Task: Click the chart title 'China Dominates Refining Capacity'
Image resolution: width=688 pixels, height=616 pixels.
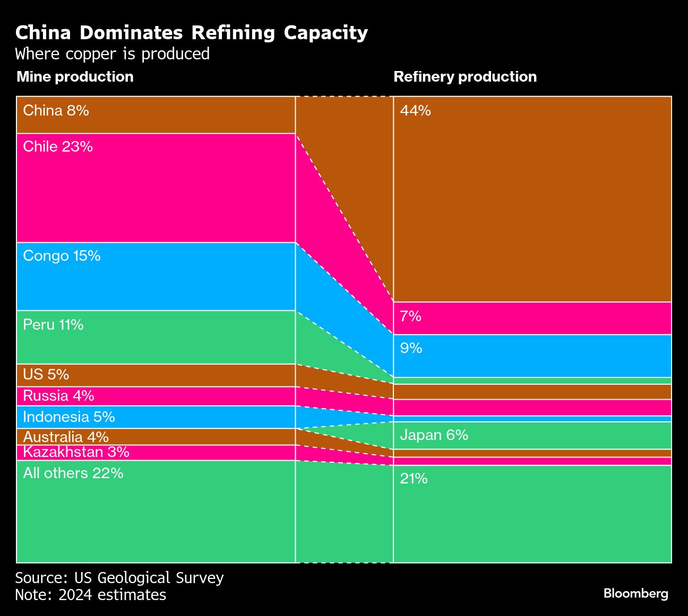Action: tap(191, 33)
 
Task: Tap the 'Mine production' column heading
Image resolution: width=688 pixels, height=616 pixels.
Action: tap(75, 77)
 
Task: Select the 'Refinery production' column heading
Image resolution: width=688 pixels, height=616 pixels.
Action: tap(465, 77)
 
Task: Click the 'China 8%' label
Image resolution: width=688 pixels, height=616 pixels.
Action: tap(56, 110)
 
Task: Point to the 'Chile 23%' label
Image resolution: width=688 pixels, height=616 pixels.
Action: tap(58, 146)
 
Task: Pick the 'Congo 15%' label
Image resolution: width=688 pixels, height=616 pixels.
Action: tap(62, 256)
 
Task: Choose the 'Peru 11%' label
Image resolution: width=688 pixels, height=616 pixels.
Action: tap(53, 324)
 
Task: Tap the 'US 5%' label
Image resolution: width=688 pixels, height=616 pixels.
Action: tap(46, 374)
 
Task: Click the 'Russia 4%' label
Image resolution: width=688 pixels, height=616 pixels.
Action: tap(58, 395)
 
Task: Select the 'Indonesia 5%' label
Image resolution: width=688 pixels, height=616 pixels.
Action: tap(69, 417)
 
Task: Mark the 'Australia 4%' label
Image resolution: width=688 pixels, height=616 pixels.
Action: tap(66, 437)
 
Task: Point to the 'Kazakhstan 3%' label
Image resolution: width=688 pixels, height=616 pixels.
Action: tap(76, 452)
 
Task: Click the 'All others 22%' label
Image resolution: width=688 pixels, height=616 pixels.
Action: tap(73, 473)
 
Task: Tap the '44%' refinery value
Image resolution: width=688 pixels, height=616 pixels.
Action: tap(415, 110)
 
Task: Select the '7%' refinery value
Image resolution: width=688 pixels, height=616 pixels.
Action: tap(410, 316)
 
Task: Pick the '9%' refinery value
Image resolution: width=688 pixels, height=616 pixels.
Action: tap(411, 348)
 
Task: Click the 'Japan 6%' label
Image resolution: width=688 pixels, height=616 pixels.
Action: tap(434, 435)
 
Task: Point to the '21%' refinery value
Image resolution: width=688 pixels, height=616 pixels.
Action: tap(414, 479)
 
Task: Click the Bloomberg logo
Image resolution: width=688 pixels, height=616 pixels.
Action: tap(635, 593)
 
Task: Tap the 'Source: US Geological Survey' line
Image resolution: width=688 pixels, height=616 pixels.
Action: tap(119, 577)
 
